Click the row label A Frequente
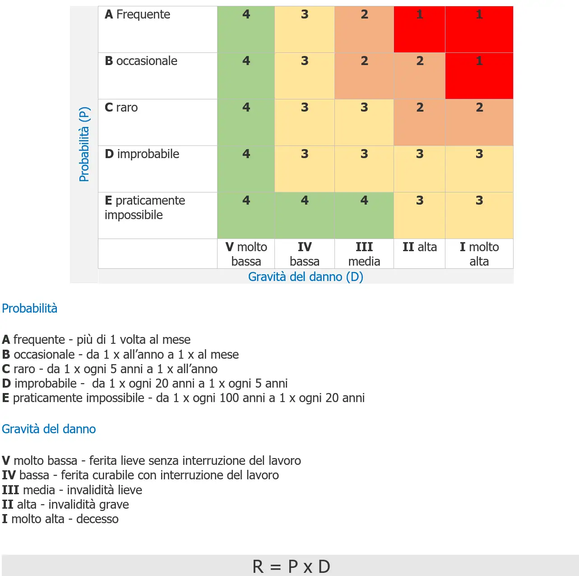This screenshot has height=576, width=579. (137, 15)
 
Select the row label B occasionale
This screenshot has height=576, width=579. (141, 61)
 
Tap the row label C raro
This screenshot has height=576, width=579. (121, 108)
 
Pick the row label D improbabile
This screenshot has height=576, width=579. (142, 155)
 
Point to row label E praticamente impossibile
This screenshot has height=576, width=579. (144, 208)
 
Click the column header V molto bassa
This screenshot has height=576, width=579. (246, 254)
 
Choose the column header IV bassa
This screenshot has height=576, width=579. (305, 254)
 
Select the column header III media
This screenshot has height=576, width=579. (364, 254)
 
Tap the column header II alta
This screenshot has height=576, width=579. (419, 248)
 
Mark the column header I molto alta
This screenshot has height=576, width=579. (479, 254)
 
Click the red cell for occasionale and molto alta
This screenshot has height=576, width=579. (479, 76)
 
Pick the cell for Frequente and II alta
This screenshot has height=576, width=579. (419, 29)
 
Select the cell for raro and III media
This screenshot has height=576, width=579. (364, 122)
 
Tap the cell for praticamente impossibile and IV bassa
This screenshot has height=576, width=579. (305, 215)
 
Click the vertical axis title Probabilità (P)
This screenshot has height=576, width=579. (84, 144)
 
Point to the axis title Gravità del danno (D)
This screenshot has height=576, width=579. (306, 277)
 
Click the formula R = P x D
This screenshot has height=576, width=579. (291, 567)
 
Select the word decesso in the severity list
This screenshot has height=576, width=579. (97, 519)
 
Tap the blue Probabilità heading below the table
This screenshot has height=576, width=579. (30, 309)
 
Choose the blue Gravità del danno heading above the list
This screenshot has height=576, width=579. (49, 429)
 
